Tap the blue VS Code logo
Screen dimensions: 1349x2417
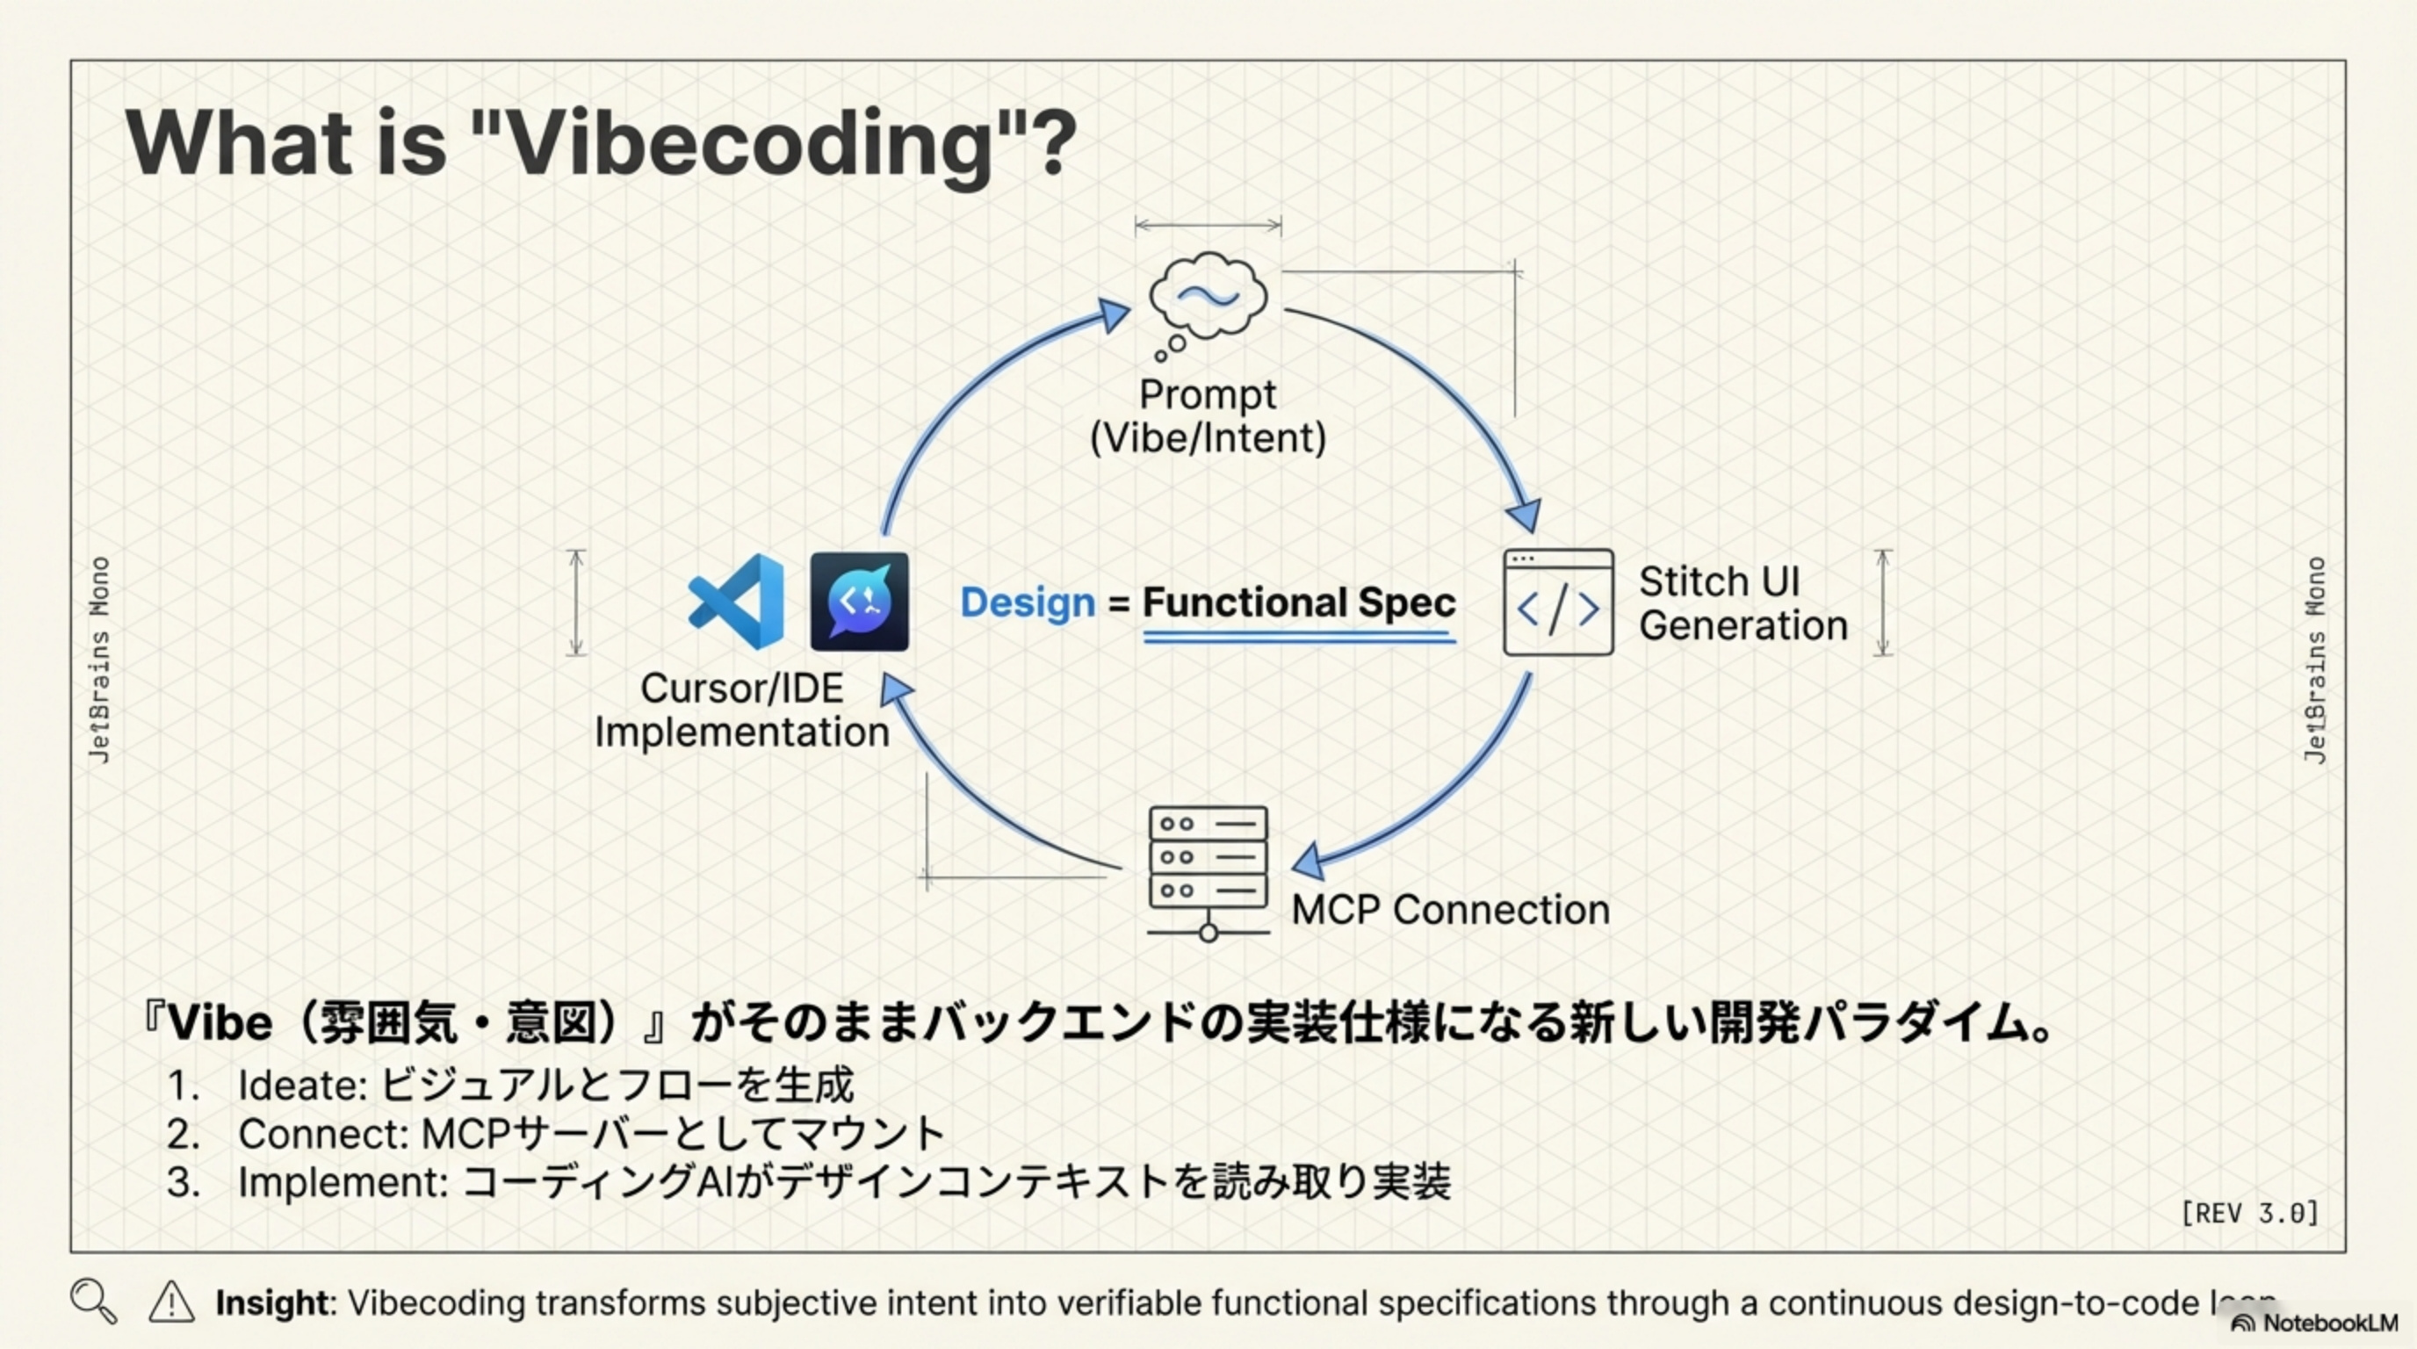(738, 602)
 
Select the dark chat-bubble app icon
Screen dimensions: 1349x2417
(860, 602)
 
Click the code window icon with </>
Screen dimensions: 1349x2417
(1557, 602)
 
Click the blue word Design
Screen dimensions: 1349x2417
(1028, 602)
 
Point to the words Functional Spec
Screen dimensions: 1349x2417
(1299, 602)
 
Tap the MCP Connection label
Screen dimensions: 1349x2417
(1450, 909)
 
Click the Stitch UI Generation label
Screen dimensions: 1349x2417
(1742, 603)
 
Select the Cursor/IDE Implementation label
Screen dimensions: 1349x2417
(741, 711)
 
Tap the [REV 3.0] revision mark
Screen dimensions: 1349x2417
(2249, 1213)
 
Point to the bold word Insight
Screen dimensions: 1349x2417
(271, 1302)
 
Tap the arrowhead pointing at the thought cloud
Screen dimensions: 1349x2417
(1114, 315)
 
